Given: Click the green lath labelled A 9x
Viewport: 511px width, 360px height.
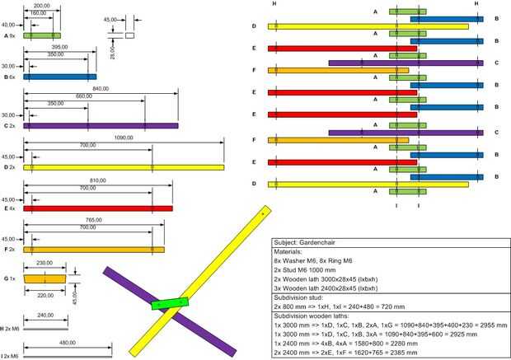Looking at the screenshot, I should [x=41, y=36].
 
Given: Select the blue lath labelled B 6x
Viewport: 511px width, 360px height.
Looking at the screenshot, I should [x=59, y=77].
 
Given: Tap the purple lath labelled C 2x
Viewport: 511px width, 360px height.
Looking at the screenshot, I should [x=101, y=126].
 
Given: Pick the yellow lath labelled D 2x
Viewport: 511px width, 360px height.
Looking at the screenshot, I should [x=124, y=168].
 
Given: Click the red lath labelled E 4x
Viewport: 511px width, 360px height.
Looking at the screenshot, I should [x=97, y=208].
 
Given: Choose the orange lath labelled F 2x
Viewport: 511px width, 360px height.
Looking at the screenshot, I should [x=93, y=249].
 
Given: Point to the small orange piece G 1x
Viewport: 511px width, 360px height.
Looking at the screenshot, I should [x=45, y=279].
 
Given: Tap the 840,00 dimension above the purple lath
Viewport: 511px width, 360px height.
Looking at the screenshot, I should [x=101, y=87].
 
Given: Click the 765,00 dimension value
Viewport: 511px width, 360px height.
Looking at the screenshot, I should [x=94, y=220].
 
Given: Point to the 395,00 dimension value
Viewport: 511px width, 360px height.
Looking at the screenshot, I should [x=59, y=47].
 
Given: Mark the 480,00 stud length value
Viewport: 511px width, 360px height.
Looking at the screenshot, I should [x=68, y=344].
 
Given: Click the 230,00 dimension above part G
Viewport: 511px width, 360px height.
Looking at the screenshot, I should [x=45, y=264].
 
